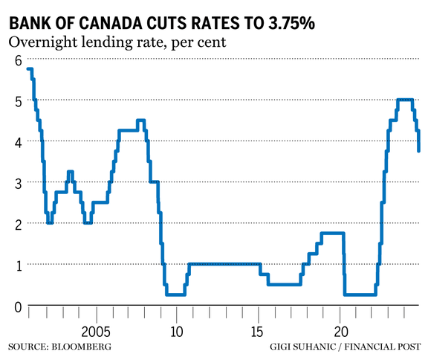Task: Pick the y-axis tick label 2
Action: point(14,225)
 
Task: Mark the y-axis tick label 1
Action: point(14,266)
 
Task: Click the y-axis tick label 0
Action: point(14,306)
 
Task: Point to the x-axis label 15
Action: point(259,330)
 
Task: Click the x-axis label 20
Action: point(340,330)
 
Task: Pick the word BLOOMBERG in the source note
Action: point(84,347)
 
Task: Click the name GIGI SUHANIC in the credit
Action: point(306,347)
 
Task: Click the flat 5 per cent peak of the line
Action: point(405,100)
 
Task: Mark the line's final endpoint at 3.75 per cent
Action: point(420,151)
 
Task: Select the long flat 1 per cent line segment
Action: point(223,263)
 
